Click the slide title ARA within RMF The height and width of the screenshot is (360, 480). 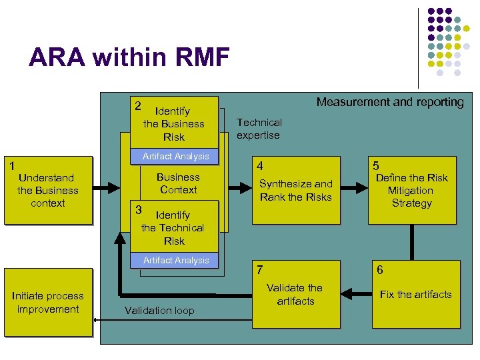coord(129,57)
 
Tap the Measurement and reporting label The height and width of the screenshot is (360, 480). coord(390,102)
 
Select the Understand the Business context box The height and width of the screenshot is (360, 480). coord(48,191)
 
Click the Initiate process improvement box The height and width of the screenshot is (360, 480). coord(48,303)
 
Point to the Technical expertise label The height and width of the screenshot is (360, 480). coord(259,129)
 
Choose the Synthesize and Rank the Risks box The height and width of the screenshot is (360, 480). coord(296,190)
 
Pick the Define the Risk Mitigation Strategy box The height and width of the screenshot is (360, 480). coord(412,191)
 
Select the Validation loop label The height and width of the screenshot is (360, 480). coord(159,311)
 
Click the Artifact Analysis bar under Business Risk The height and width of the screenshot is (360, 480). coord(176,157)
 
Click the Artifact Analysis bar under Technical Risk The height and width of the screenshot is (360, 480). coord(176,261)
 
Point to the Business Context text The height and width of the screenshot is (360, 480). coord(178,183)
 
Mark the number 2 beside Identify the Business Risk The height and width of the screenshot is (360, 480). coord(137,106)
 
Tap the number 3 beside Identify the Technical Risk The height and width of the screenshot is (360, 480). coord(139,210)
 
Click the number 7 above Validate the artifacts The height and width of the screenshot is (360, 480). coord(260,269)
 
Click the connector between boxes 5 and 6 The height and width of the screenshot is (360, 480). coord(412,241)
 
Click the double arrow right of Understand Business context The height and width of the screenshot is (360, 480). coord(106,190)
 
